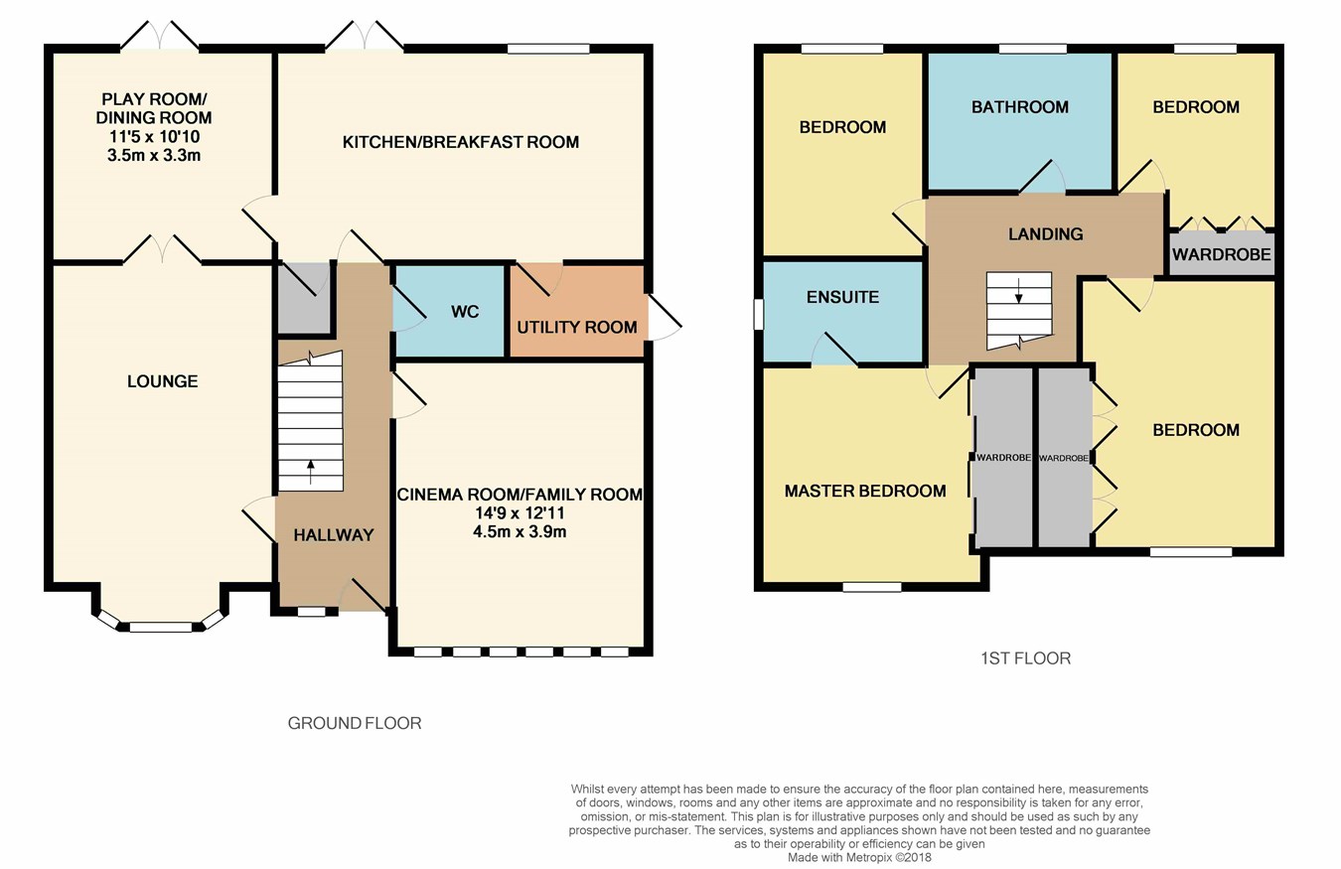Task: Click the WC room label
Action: click(465, 312)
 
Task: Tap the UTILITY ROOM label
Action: click(576, 327)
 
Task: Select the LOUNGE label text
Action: click(162, 381)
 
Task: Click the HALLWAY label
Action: click(334, 535)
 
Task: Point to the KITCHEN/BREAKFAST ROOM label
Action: click(460, 142)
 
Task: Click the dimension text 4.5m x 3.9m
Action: click(520, 531)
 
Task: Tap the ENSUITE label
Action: click(842, 297)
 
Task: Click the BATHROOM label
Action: click(1019, 107)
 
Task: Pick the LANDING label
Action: click(1045, 234)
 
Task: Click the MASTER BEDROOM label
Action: click(864, 491)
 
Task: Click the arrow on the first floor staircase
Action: click(1018, 294)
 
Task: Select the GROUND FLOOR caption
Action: click(355, 723)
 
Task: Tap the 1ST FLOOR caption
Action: click(1024, 657)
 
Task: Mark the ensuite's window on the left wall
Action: click(758, 314)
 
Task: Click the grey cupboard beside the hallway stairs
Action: click(303, 299)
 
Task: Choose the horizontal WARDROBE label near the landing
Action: click(1221, 255)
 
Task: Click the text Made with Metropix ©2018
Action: click(860, 857)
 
